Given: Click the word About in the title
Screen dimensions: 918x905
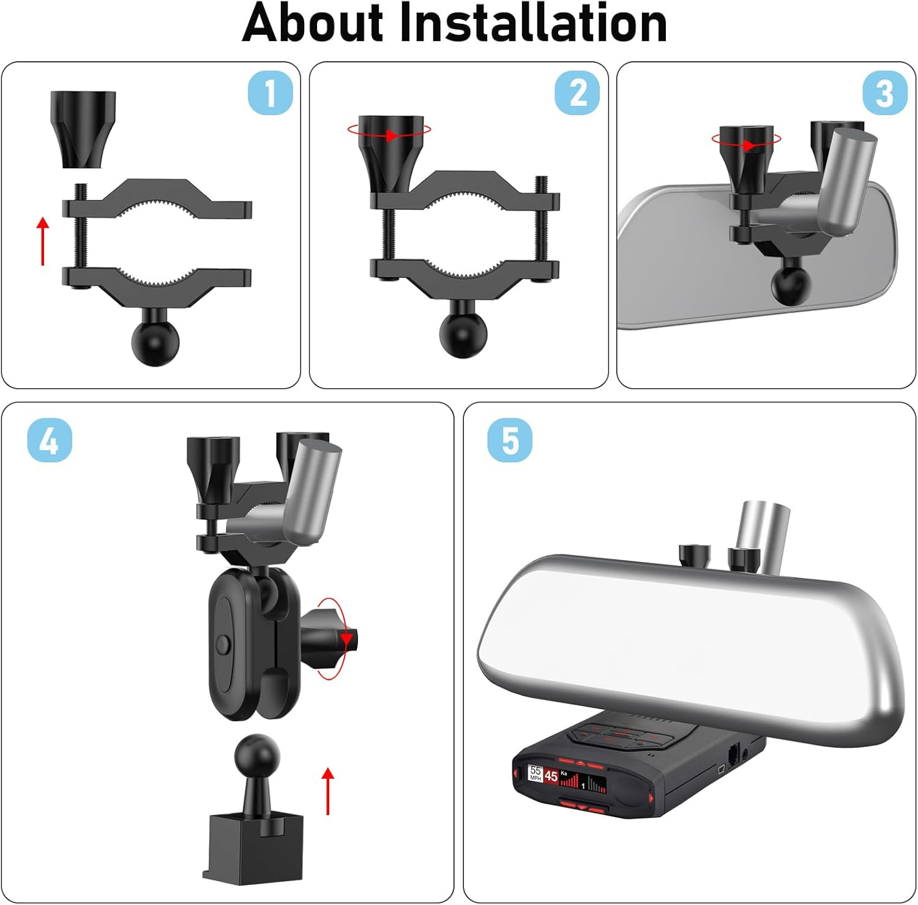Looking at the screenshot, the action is point(312,23).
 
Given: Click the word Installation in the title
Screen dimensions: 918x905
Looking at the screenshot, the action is point(533,23).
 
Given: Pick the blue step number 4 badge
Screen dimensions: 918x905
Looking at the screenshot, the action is point(50,440).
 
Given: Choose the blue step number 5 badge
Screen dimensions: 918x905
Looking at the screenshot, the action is point(510,440).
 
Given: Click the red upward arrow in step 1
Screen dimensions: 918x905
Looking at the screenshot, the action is point(43,241).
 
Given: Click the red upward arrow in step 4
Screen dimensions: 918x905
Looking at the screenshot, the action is point(329,790).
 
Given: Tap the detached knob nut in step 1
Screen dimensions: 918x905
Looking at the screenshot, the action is point(83,129).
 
